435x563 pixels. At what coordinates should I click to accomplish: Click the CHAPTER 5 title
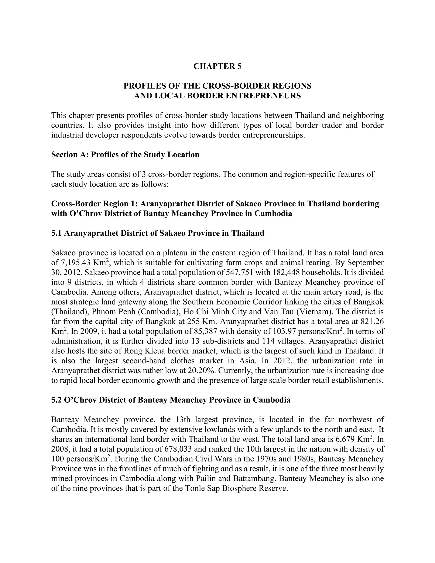tap(217, 66)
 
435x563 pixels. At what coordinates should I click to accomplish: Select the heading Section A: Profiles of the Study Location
tap(125, 155)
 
